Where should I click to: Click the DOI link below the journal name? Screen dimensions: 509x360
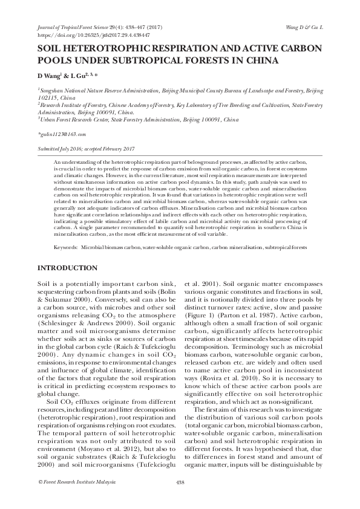(x=82, y=34)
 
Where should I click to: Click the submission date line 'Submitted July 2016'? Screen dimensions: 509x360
(x=57, y=149)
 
